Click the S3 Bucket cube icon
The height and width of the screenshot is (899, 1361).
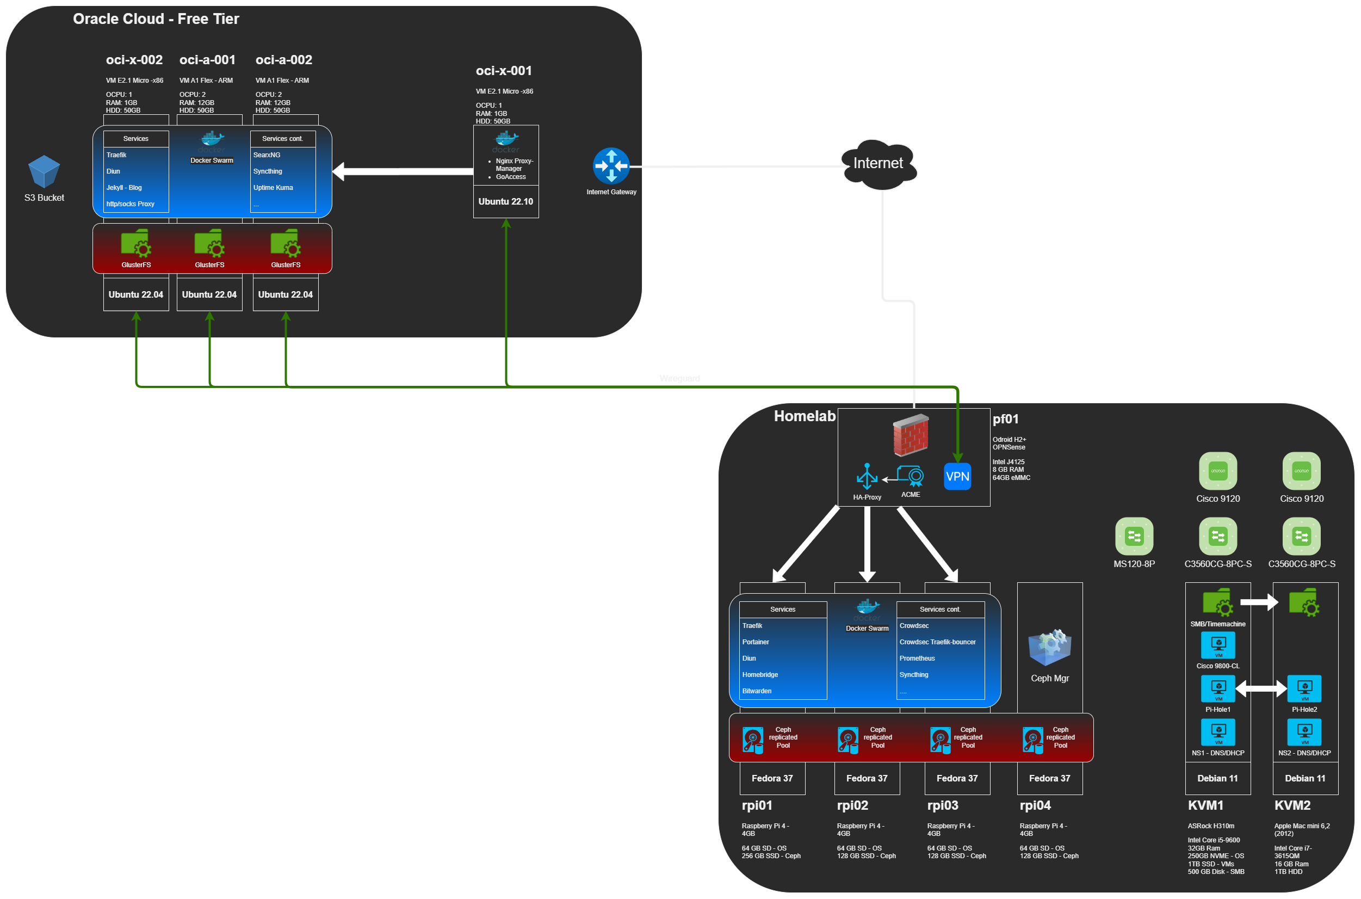44,171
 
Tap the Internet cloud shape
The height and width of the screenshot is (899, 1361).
878,164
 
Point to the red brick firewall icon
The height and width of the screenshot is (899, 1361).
911,434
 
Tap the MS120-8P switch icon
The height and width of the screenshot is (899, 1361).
1134,536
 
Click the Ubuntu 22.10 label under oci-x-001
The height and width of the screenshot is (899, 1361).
505,202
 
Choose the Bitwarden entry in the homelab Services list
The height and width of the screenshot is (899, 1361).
757,691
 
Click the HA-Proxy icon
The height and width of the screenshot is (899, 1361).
867,477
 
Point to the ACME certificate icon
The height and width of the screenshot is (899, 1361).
911,476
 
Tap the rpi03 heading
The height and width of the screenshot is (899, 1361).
943,805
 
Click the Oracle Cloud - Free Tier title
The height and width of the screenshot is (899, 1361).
156,19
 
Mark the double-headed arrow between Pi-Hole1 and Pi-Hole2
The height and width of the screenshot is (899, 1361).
1261,688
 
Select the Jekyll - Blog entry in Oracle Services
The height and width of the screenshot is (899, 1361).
124,188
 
